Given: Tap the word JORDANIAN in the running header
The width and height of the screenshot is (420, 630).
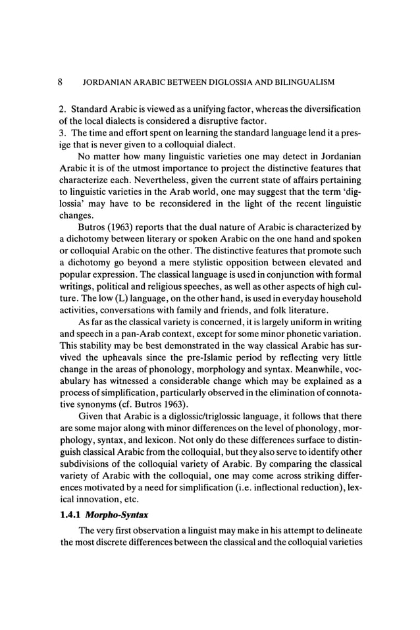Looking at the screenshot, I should point(104,83).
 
